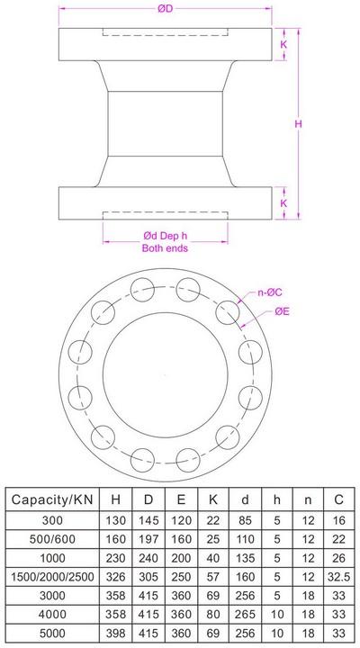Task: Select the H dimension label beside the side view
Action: [x=297, y=124]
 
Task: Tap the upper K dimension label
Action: [x=283, y=41]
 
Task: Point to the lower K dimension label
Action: [x=283, y=203]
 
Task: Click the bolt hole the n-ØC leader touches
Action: [x=229, y=311]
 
